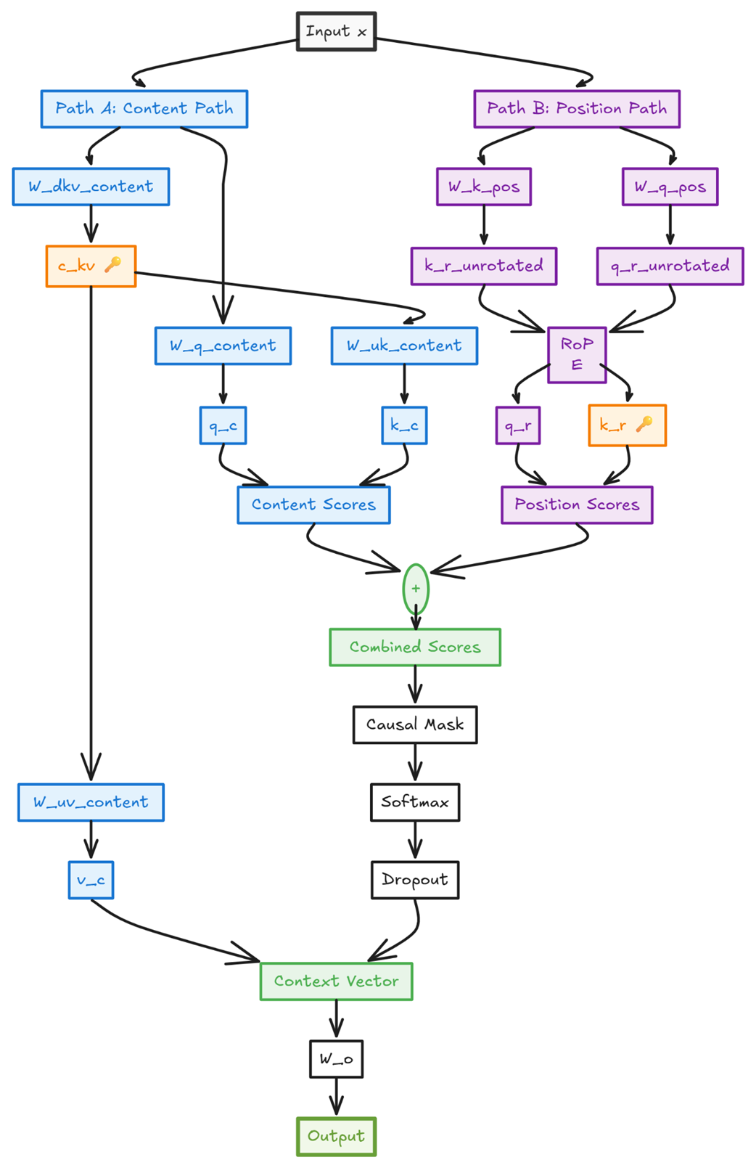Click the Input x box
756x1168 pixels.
click(x=336, y=32)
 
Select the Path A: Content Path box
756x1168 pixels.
click(x=144, y=109)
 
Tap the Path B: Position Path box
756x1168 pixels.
click(x=576, y=109)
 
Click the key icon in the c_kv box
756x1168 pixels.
click(x=112, y=265)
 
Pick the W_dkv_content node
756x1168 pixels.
click(x=91, y=187)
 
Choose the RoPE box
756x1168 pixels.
click(x=577, y=354)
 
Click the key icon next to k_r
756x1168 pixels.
click(x=644, y=424)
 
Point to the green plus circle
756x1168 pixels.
click(x=416, y=589)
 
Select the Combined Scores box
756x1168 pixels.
click(x=415, y=647)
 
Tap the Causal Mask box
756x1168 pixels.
click(x=415, y=724)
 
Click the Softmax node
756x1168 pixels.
click(x=415, y=802)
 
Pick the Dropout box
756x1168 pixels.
click(x=415, y=880)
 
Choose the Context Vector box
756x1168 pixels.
click(x=336, y=981)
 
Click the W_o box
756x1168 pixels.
click(x=336, y=1059)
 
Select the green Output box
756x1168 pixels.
click(x=336, y=1136)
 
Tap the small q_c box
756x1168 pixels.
click(x=223, y=425)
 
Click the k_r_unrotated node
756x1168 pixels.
click(x=484, y=266)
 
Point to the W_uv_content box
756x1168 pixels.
click(x=91, y=802)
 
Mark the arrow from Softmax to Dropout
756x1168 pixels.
click(x=415, y=841)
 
